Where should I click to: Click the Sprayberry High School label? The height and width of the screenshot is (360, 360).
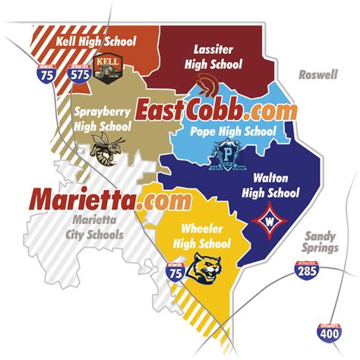(103, 118)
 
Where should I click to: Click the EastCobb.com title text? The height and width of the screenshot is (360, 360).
(216, 109)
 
